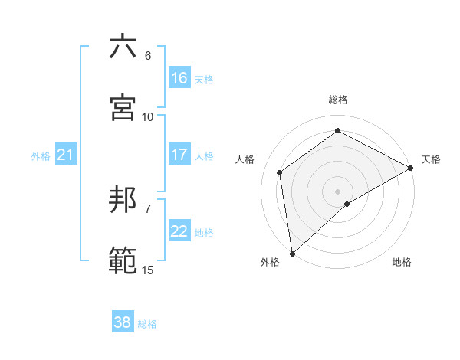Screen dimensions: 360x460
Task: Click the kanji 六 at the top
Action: point(123,47)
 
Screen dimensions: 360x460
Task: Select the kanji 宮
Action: point(123,107)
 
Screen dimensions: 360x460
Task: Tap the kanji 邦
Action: point(123,200)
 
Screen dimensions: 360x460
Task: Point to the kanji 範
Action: point(123,260)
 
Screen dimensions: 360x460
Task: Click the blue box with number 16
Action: point(179,78)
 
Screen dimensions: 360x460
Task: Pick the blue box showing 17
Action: point(179,155)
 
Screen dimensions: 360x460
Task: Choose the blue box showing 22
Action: point(179,232)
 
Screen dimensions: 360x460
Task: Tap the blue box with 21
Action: point(66,155)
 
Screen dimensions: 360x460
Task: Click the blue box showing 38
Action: point(123,322)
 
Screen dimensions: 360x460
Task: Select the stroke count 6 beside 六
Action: point(148,56)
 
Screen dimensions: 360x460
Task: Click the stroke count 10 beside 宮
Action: point(148,116)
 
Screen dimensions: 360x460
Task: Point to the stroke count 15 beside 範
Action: point(148,270)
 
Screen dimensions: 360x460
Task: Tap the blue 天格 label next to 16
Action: point(204,79)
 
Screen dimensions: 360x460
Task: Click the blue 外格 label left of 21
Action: point(41,156)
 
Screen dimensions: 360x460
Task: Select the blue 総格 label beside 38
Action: point(147,324)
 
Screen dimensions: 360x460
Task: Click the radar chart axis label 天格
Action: point(431,159)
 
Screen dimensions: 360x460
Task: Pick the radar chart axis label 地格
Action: point(402,262)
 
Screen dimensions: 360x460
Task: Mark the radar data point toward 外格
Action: point(292,253)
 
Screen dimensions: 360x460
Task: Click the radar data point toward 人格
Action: point(280,172)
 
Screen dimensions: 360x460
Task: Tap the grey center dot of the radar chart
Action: point(338,191)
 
